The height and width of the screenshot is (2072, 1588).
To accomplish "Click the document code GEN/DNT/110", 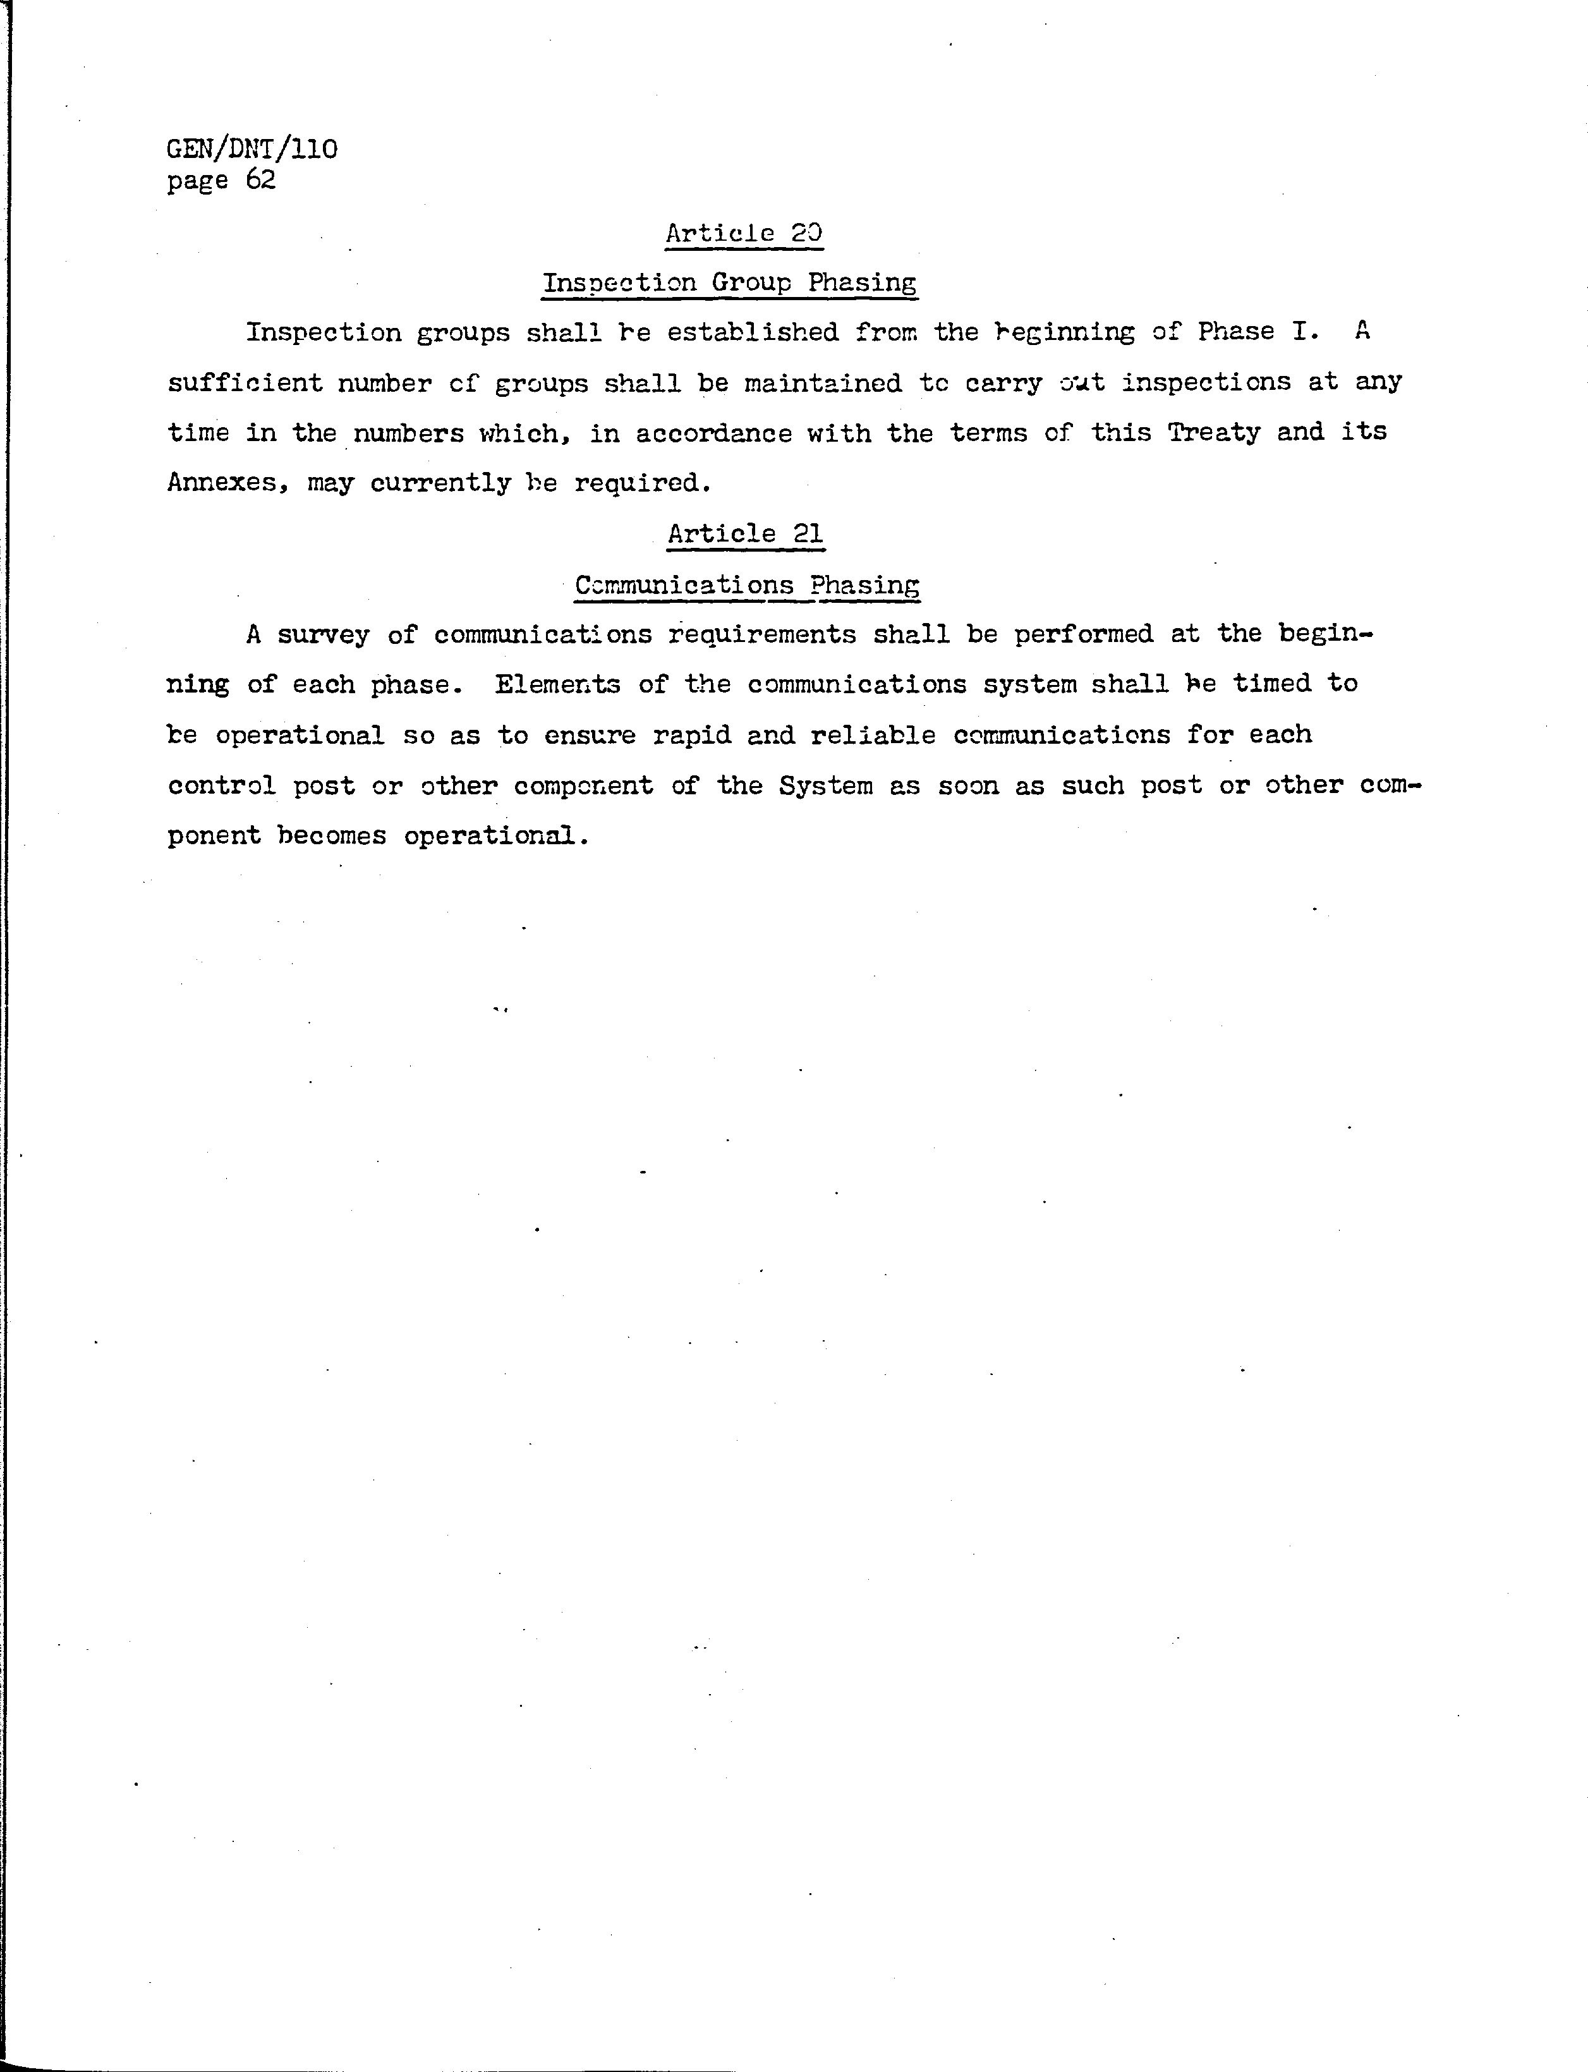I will click(x=252, y=149).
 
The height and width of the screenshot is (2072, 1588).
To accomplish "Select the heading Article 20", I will click(x=744, y=233).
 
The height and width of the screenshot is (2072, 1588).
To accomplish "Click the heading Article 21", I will click(x=745, y=534).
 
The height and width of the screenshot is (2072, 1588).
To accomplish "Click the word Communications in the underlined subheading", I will click(x=684, y=585).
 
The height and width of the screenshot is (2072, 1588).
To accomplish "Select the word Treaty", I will click(x=1214, y=433).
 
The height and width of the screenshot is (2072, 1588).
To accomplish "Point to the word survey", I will click(x=324, y=634).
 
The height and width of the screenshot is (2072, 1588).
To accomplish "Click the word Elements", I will click(x=558, y=684).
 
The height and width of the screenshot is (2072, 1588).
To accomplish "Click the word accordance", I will click(x=713, y=433).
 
